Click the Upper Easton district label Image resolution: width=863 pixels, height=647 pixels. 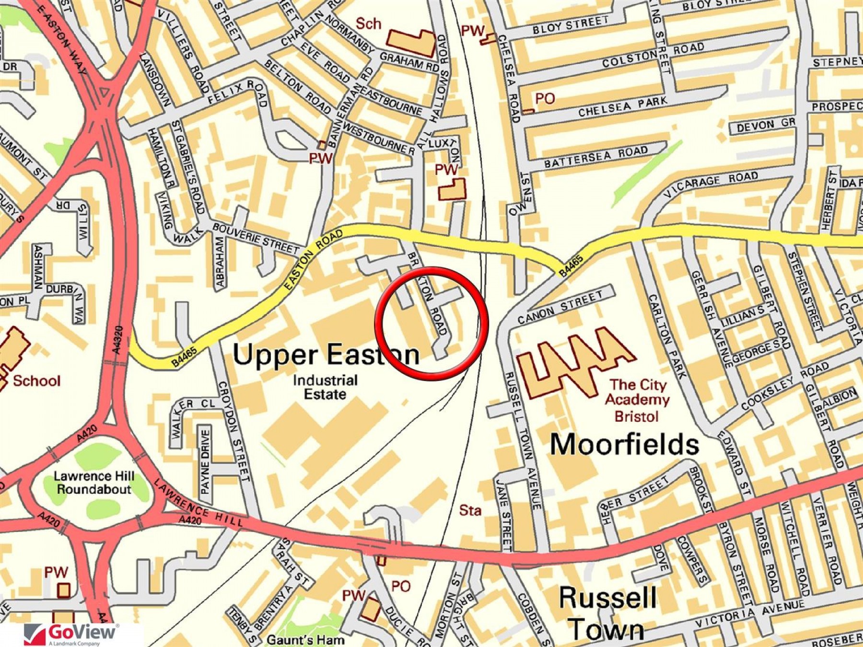pyautogui.click(x=326, y=355)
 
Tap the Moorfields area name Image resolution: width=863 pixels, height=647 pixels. pyautogui.click(x=624, y=444)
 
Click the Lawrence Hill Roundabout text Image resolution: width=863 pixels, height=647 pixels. pyautogui.click(x=93, y=483)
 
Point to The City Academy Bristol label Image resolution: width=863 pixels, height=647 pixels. pyautogui.click(x=637, y=401)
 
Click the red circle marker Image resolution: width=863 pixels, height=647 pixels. pyautogui.click(x=431, y=324)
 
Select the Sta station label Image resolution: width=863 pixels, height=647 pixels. pyautogui.click(x=470, y=511)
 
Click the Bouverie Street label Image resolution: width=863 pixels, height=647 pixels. pyautogui.click(x=256, y=238)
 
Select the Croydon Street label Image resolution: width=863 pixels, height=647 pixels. pyautogui.click(x=234, y=431)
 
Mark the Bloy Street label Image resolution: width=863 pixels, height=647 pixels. pyautogui.click(x=571, y=25)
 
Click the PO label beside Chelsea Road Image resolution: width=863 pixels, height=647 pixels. pyautogui.click(x=545, y=99)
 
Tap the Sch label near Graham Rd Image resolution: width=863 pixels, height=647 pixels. pyautogui.click(x=368, y=23)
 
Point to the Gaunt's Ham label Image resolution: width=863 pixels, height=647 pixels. pyautogui.click(x=305, y=640)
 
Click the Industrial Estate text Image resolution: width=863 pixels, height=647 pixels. pyautogui.click(x=326, y=387)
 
